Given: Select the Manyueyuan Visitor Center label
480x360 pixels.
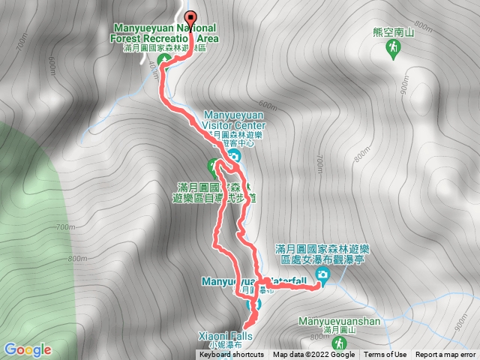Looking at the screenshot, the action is click(x=235, y=121).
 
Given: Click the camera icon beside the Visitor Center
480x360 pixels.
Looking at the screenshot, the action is click(x=234, y=156).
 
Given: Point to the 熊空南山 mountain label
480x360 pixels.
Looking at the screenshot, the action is click(x=393, y=33).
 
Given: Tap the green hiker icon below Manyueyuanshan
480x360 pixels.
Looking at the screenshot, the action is click(x=342, y=343).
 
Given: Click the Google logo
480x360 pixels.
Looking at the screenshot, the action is click(x=27, y=349).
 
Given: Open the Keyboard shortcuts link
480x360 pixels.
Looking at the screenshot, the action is click(x=231, y=355).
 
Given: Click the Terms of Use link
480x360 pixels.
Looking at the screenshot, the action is click(x=385, y=355).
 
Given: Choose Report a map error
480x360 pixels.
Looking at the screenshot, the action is click(x=445, y=355).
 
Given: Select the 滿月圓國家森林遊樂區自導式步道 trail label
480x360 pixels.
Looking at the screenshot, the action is click(x=212, y=193).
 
